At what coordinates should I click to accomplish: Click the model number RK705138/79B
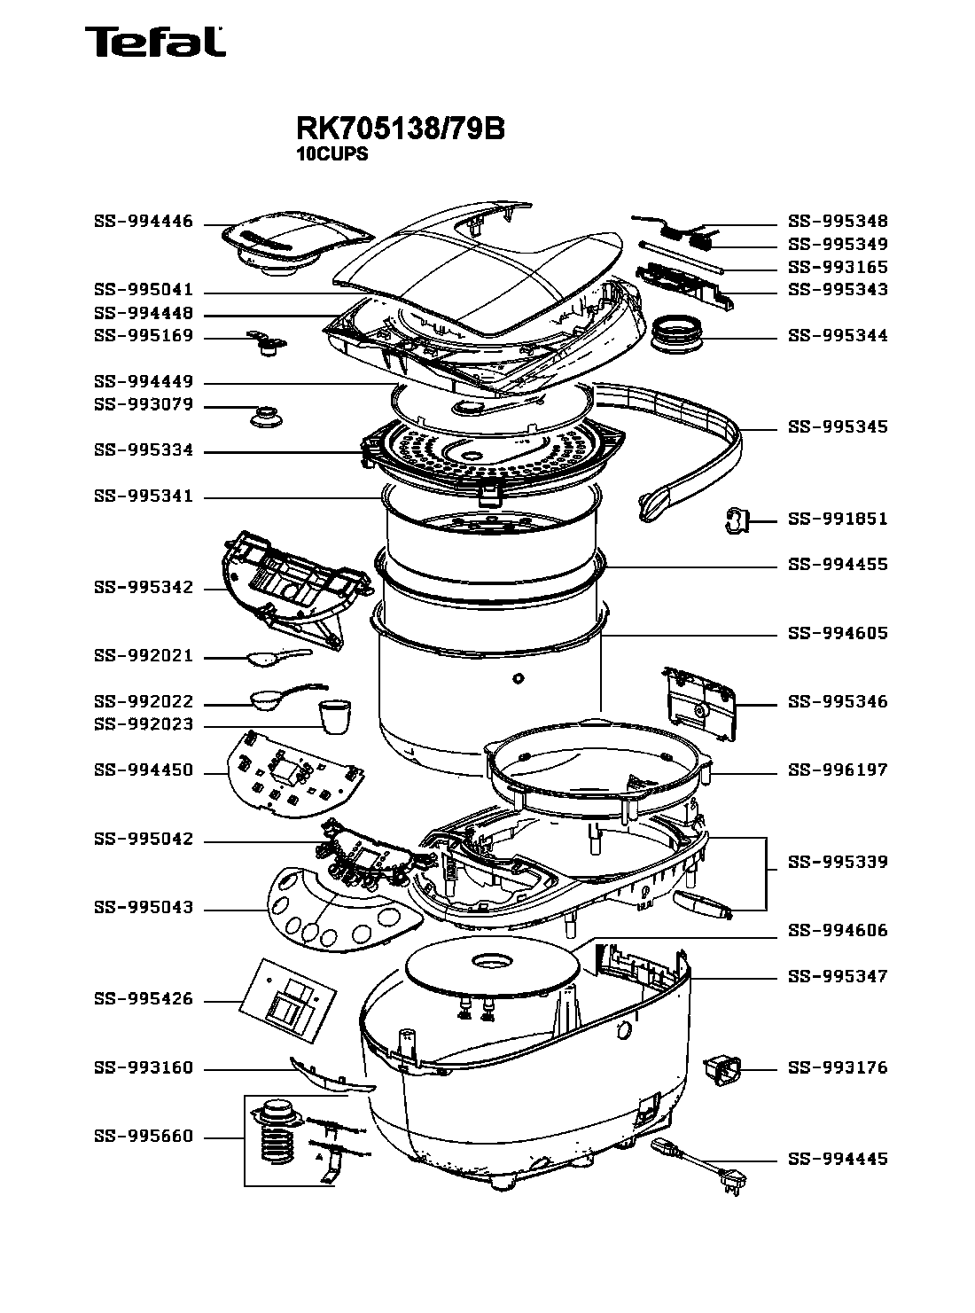click(x=400, y=129)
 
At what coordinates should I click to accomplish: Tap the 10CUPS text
click(x=331, y=153)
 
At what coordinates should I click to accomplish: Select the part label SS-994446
click(x=144, y=223)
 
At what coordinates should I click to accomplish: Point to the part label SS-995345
click(x=838, y=427)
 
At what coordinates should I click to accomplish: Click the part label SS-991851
click(x=838, y=520)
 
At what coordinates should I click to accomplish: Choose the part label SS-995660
click(x=144, y=1137)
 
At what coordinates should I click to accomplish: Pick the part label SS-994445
click(x=838, y=1160)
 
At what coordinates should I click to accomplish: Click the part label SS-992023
click(x=144, y=725)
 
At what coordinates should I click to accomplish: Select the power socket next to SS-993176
click(x=721, y=1068)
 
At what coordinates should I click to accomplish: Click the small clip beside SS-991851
click(x=737, y=521)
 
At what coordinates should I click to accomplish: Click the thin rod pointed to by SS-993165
click(x=682, y=256)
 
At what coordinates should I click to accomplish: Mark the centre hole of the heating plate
click(x=490, y=960)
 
